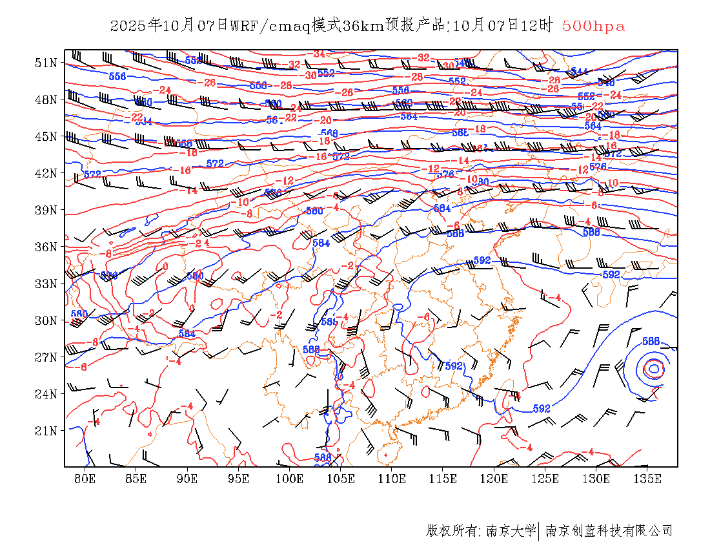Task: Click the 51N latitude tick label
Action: pos(46,63)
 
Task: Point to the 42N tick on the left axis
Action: pos(46,173)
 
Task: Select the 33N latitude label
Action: pos(46,284)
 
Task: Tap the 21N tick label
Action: pos(46,431)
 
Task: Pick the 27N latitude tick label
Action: pos(46,357)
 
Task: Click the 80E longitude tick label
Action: pos(85,479)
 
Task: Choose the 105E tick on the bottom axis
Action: pos(341,479)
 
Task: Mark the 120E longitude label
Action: pos(494,479)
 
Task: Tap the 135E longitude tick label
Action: pos(647,479)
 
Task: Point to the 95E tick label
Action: pos(239,479)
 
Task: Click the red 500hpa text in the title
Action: pos(593,26)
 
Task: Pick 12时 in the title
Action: pos(538,26)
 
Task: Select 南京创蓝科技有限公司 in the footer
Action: pos(609,531)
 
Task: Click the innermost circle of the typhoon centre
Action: pos(654,369)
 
